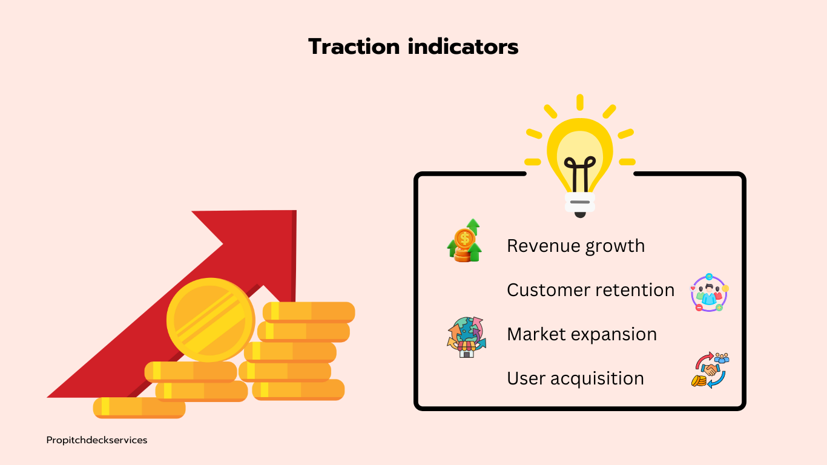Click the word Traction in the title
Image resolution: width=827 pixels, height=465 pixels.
click(x=354, y=47)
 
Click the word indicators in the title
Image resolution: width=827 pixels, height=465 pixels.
click(x=463, y=47)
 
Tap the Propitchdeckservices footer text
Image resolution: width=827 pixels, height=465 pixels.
click(x=97, y=440)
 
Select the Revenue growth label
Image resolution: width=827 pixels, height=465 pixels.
click(x=576, y=246)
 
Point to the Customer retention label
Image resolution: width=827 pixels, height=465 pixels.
click(x=590, y=290)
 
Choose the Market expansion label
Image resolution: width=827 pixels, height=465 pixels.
click(x=582, y=335)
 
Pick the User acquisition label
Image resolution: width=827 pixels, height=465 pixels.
click(x=575, y=379)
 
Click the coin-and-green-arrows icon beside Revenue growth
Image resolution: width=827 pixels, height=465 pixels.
click(x=464, y=240)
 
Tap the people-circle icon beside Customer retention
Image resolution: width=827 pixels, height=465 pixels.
click(x=709, y=292)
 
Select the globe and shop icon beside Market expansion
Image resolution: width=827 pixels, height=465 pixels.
click(x=466, y=337)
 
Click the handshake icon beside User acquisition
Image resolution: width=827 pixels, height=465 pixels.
click(x=710, y=370)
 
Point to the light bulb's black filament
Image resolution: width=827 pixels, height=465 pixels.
click(x=579, y=174)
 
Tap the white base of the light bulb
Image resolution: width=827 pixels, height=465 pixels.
click(x=579, y=202)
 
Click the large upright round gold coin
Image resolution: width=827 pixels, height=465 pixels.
click(x=211, y=320)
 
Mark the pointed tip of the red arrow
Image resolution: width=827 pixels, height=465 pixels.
click(x=295, y=211)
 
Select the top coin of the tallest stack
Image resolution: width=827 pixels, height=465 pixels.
click(x=309, y=311)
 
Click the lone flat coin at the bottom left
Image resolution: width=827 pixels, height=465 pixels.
click(x=139, y=407)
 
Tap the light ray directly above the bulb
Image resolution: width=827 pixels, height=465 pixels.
click(x=579, y=102)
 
